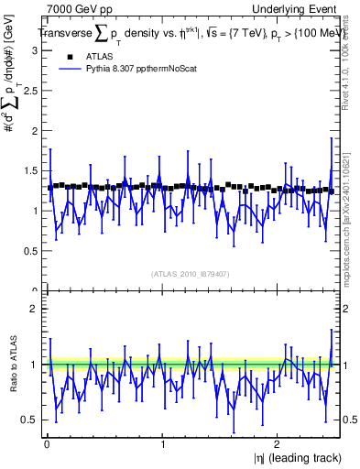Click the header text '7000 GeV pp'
coord(73,9)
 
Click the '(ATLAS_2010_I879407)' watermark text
coord(191,272)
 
